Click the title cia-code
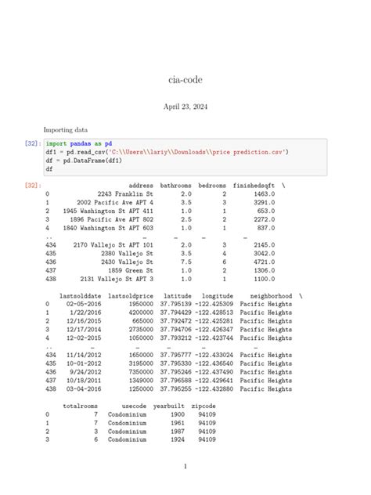[x=185, y=78]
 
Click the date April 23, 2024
[x=185, y=106]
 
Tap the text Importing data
[x=66, y=129]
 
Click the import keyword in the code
[x=56, y=144]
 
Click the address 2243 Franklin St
[x=125, y=193]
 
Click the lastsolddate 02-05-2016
[x=80, y=304]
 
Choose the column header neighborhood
[x=265, y=296]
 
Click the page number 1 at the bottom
[x=185, y=467]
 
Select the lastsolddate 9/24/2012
[x=81, y=372]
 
